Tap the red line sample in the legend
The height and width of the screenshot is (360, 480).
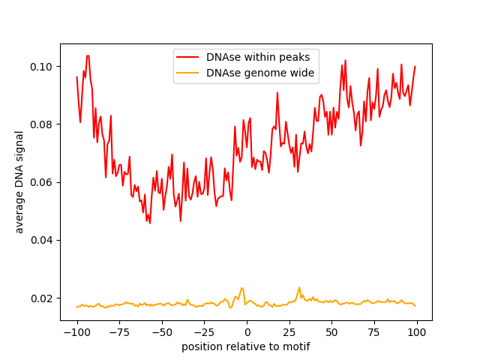tap(188, 57)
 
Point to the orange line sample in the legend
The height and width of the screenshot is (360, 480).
tap(188, 73)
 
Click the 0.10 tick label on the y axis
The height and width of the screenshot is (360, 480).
tap(42, 67)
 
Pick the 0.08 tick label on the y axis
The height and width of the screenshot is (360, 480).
tap(42, 124)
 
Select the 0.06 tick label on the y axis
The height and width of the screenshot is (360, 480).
tap(42, 182)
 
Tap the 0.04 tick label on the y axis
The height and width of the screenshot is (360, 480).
tap(42, 240)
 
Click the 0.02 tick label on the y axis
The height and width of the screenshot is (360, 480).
tap(42, 298)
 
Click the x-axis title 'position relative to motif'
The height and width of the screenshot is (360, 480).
tap(245, 346)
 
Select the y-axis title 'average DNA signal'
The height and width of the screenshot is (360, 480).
tap(19, 182)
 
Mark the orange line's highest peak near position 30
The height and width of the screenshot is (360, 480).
tap(299, 287)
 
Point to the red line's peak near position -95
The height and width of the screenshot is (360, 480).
tap(87, 55)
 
